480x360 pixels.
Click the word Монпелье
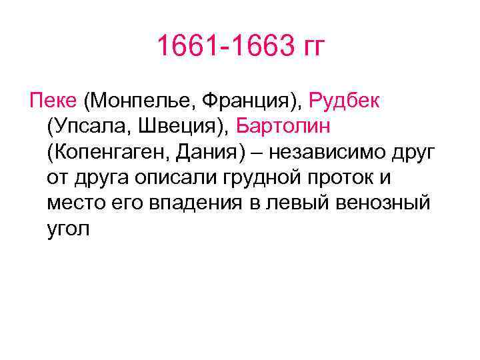[140, 101]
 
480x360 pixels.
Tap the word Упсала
[85, 126]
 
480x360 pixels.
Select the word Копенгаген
[107, 152]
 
